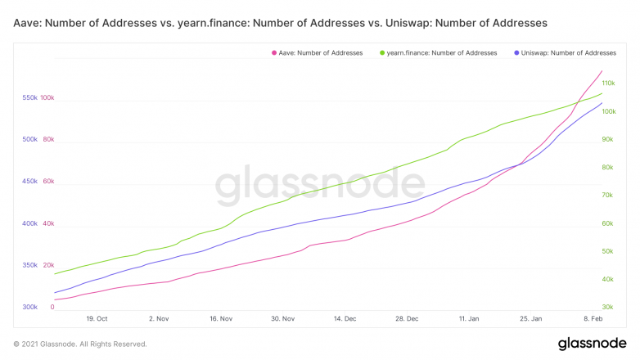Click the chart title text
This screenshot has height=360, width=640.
point(281,23)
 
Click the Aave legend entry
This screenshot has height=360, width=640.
point(320,52)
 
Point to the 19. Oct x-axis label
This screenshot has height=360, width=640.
point(97,317)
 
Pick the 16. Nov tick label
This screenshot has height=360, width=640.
point(221,317)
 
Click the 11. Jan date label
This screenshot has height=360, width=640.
point(469,317)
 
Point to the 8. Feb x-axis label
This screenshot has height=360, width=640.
point(593,317)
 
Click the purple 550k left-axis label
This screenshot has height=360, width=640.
point(29,97)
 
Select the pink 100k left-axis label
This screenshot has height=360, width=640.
point(47,97)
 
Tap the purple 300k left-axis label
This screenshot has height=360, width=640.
point(29,307)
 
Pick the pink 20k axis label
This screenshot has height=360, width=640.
point(47,265)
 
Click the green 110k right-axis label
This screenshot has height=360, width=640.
point(609,83)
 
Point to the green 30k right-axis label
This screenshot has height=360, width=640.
point(608,307)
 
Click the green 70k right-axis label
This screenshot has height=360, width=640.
point(608,195)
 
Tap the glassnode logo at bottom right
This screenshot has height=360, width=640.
point(593,344)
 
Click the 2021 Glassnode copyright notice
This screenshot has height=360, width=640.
point(80,344)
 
